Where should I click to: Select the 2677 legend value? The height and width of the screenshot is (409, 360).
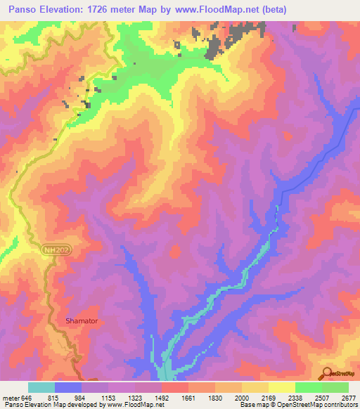click(349, 397)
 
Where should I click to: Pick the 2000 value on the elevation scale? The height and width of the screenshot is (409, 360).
click(242, 397)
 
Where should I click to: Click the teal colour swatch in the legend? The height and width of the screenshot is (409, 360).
click(41, 387)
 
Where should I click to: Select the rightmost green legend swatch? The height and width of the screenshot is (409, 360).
click(335, 387)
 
